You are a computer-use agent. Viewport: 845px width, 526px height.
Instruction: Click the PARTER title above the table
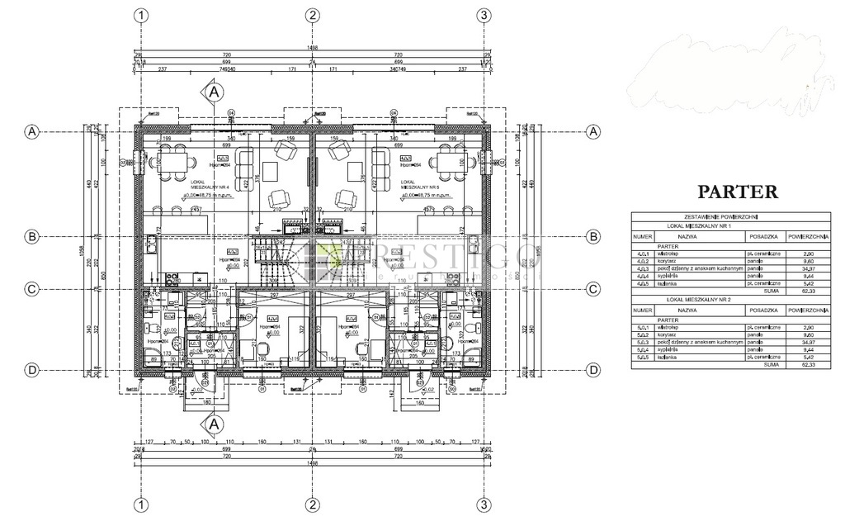(x=738, y=192)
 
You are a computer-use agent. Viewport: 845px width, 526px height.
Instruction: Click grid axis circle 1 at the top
(x=142, y=15)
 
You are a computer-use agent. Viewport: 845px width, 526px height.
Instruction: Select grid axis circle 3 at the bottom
(x=484, y=504)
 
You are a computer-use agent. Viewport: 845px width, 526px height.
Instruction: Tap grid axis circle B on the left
(x=31, y=237)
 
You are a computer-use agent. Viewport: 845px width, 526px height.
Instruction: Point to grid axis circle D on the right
(x=593, y=370)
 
